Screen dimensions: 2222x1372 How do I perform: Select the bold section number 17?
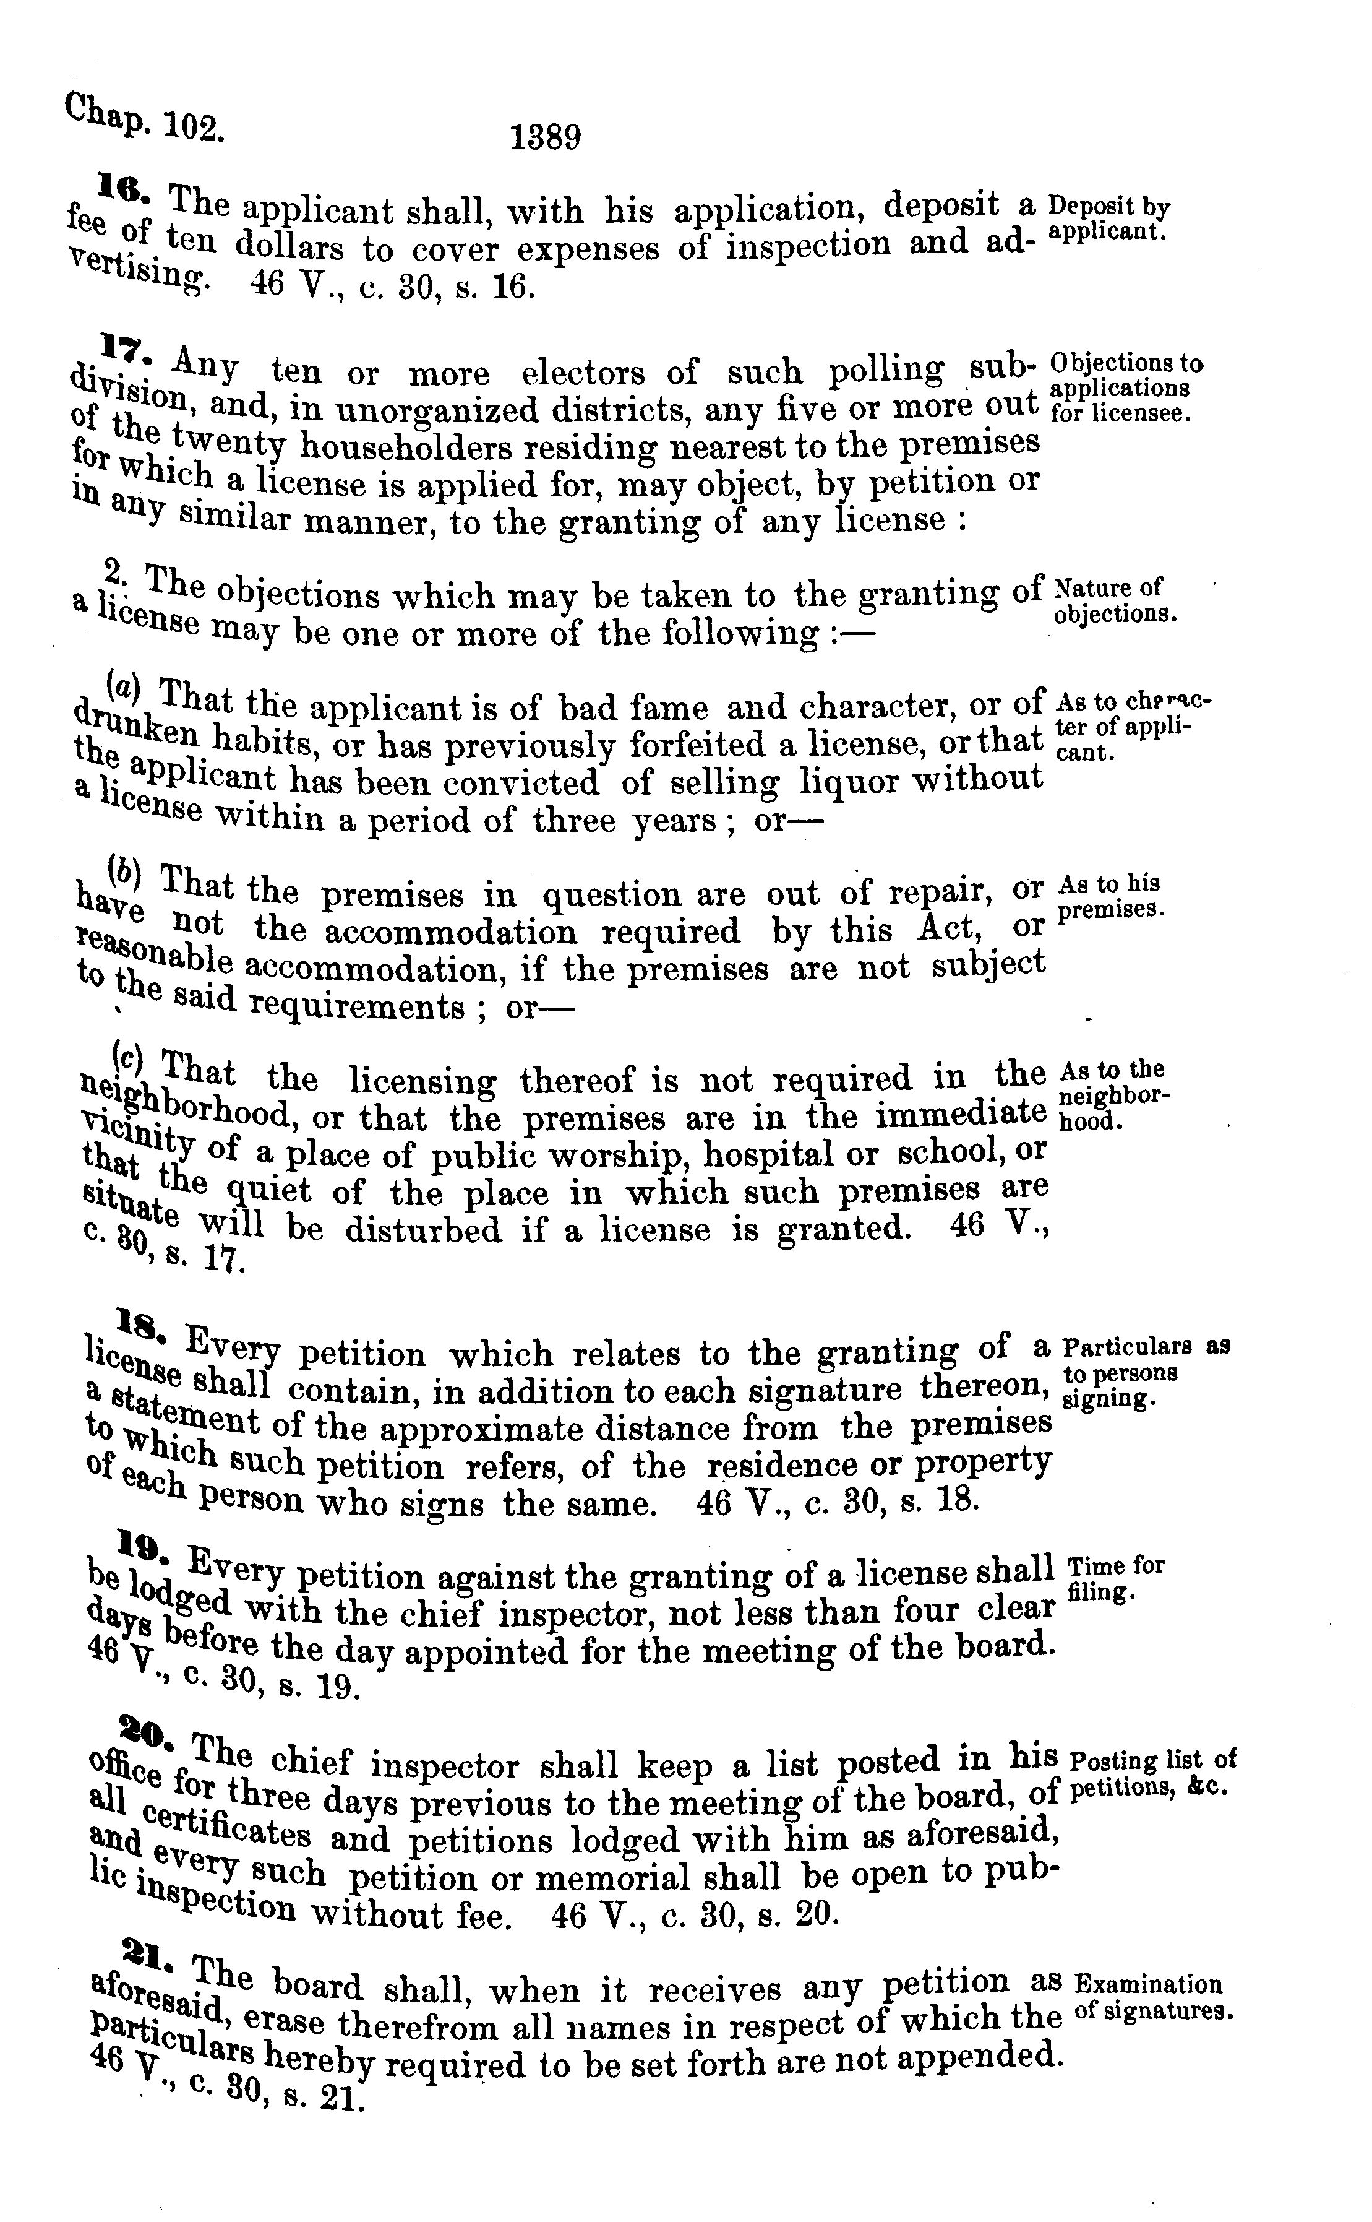click(x=120, y=346)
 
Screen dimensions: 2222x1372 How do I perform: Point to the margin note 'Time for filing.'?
click(x=1116, y=1578)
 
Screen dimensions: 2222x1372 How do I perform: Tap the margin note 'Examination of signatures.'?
click(x=1152, y=1997)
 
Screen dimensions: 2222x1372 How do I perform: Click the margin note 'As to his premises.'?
click(x=1112, y=895)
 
